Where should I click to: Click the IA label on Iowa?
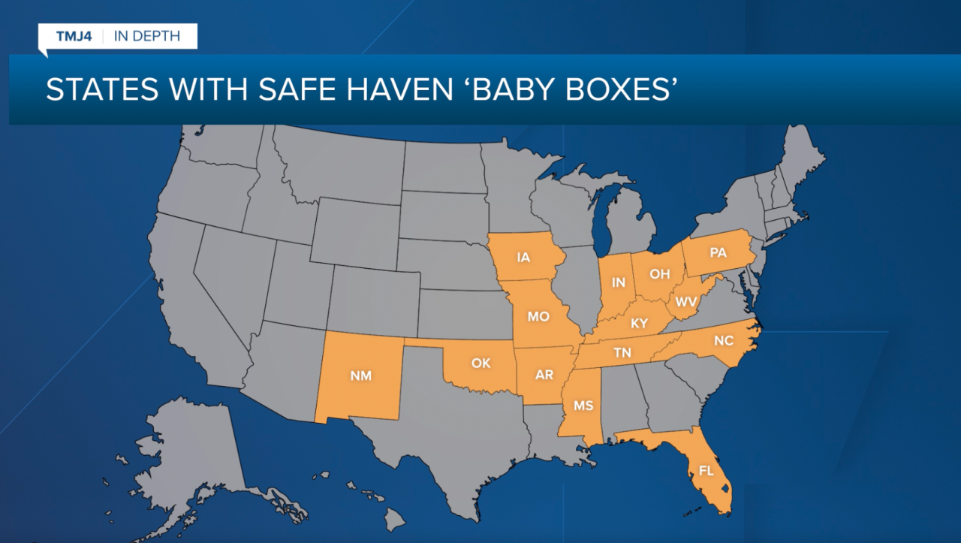(x=523, y=257)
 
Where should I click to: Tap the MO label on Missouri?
(x=538, y=316)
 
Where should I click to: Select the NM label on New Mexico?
(x=361, y=376)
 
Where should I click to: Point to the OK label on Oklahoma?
(x=480, y=363)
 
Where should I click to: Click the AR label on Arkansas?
(x=544, y=375)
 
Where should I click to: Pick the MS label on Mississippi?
(x=583, y=406)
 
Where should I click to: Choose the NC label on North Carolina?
(x=723, y=340)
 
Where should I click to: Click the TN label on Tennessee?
(x=622, y=352)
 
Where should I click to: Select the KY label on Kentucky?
(x=639, y=324)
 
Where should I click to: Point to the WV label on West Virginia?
(x=685, y=301)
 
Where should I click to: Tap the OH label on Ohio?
(x=659, y=274)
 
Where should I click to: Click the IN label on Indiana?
(x=619, y=282)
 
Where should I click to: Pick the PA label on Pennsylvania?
(x=718, y=252)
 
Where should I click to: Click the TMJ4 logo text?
(x=74, y=36)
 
